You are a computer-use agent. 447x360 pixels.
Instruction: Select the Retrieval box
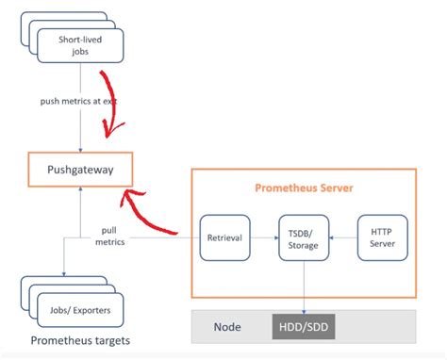pos(224,238)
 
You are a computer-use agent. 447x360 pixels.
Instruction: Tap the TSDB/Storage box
pos(304,238)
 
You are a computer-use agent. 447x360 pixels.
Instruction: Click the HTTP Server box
pos(383,238)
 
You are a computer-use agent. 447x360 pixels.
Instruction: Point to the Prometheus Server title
pos(304,188)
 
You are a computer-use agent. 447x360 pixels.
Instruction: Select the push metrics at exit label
pos(79,101)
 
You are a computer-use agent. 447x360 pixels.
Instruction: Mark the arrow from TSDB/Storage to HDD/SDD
pos(304,287)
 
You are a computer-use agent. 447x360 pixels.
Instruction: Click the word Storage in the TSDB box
pos(304,245)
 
